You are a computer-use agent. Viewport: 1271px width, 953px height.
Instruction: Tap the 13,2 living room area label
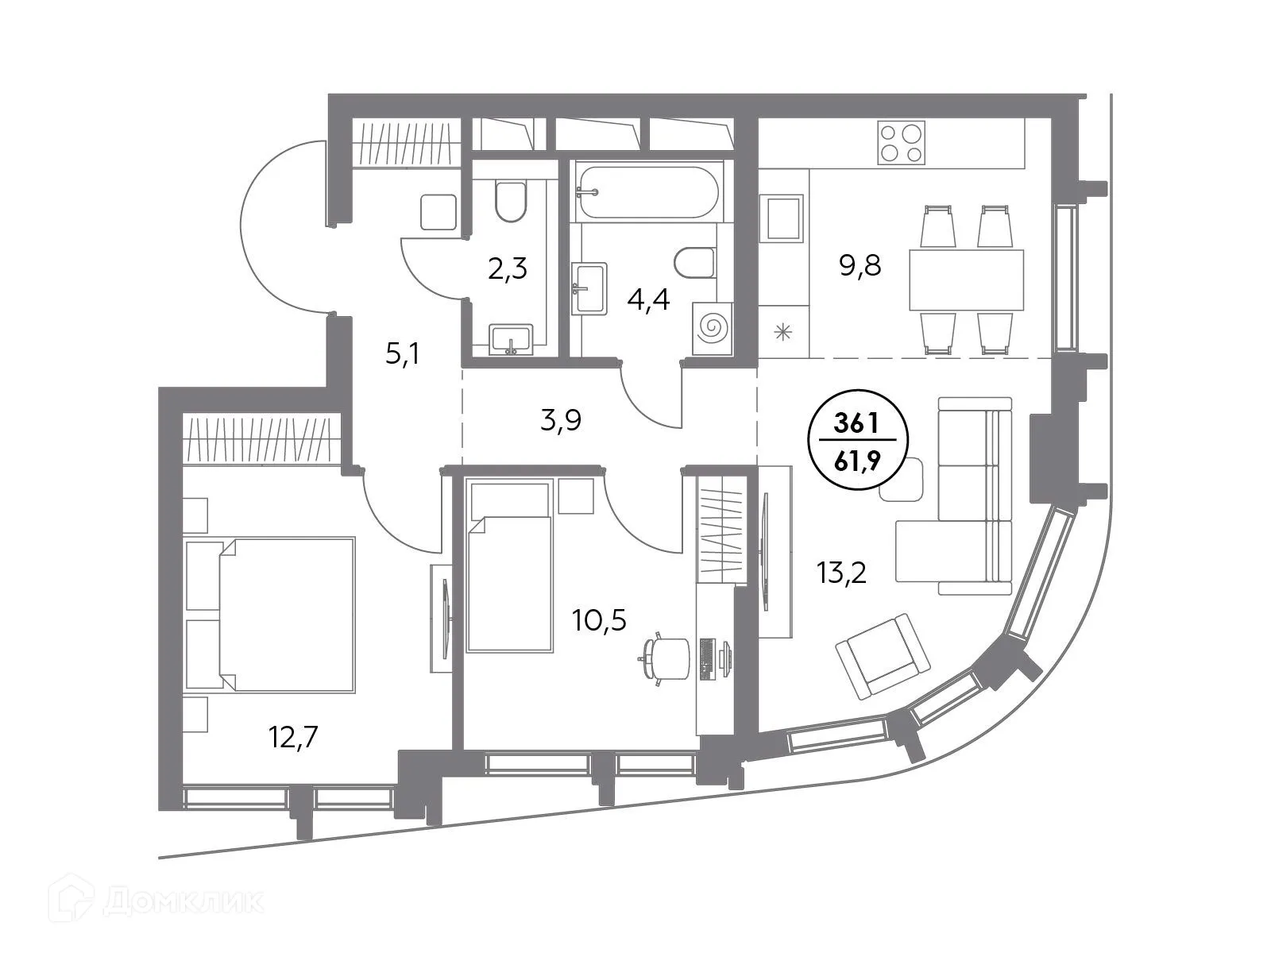tap(842, 571)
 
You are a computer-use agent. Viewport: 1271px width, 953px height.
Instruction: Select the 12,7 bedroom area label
tap(293, 739)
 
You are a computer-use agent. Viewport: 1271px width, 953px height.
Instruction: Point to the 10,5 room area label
tap(599, 619)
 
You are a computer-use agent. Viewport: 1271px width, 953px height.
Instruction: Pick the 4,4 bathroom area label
tap(649, 301)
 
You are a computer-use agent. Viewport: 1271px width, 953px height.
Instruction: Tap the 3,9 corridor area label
tap(561, 420)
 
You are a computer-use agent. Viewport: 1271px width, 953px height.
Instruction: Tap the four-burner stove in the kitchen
tap(901, 143)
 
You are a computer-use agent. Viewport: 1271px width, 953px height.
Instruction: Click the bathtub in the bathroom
tap(647, 191)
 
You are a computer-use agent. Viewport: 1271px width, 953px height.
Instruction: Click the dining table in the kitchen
tap(966, 280)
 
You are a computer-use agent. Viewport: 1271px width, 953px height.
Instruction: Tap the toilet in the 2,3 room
tap(509, 202)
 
